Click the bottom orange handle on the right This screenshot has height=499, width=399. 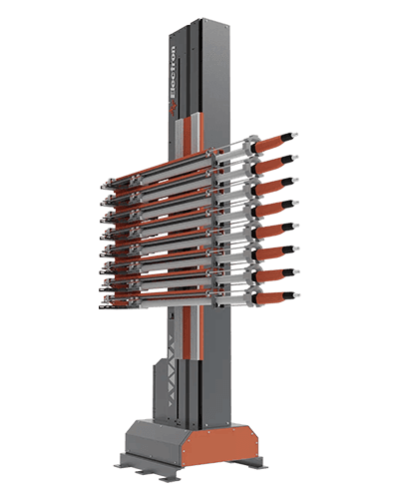[270, 297]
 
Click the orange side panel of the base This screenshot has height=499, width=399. [219, 444]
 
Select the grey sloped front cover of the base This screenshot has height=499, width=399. [157, 440]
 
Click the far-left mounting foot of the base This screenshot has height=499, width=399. [121, 465]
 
